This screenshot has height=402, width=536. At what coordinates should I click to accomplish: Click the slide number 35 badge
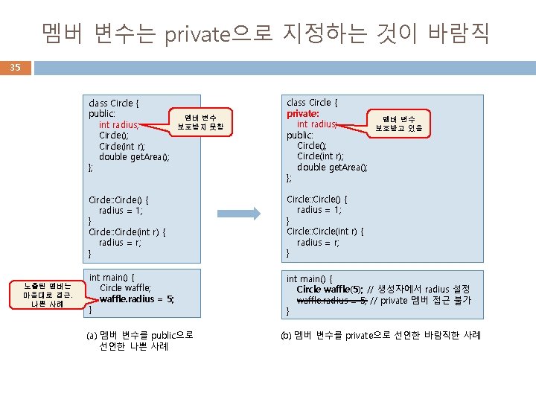(x=16, y=68)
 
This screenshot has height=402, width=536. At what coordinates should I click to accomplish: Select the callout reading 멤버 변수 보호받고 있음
(x=398, y=123)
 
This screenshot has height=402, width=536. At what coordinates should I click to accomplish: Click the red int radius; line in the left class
(x=119, y=125)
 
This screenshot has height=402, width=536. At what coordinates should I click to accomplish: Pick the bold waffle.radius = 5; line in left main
(x=137, y=299)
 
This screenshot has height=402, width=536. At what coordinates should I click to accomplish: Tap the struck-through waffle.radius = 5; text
(x=331, y=301)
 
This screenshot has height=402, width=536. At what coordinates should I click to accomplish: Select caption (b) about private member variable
(x=380, y=335)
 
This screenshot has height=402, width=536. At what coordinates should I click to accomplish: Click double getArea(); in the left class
(x=134, y=157)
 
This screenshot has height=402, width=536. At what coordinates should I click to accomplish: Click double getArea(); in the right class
(x=332, y=167)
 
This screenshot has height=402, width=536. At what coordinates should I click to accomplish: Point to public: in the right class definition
(x=301, y=135)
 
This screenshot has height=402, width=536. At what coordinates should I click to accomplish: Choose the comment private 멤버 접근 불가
(x=420, y=301)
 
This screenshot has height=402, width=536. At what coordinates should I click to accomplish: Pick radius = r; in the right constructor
(x=318, y=243)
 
